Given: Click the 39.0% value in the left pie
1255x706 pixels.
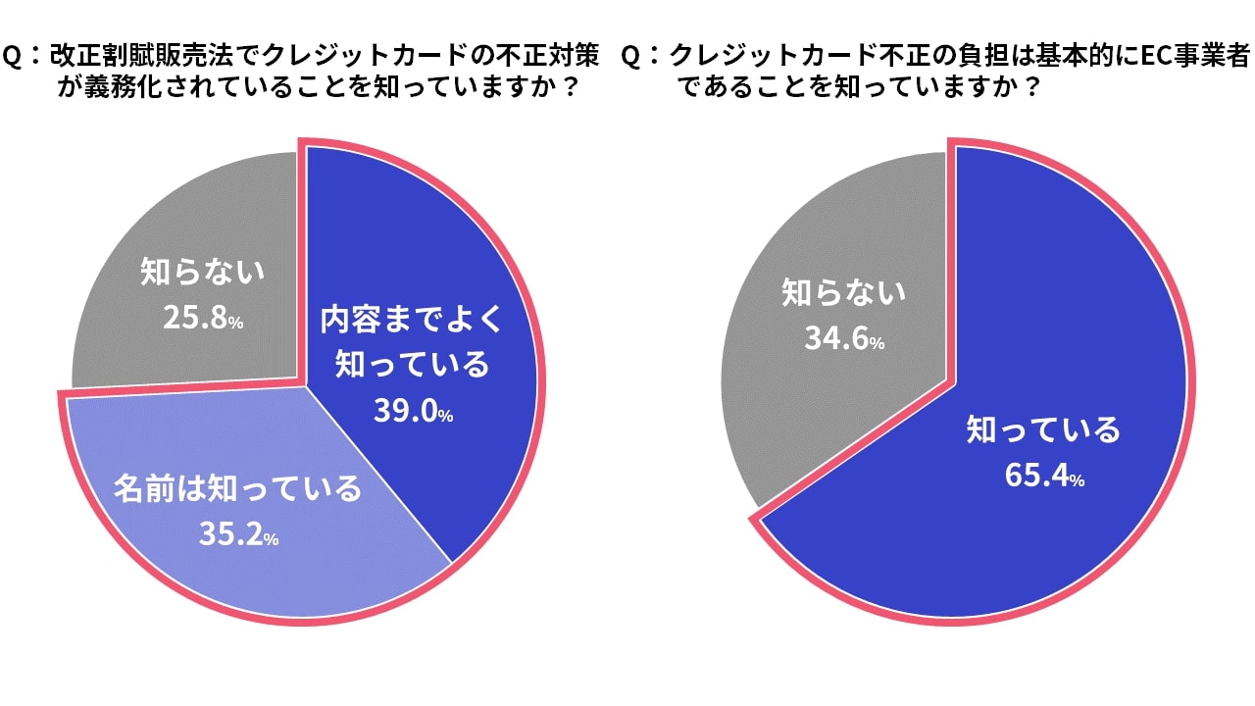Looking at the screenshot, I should pyautogui.click(x=413, y=412).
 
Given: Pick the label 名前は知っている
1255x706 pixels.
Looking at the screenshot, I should pyautogui.click(x=238, y=488).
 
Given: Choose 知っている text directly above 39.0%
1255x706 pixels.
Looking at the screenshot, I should pyautogui.click(x=412, y=366).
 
